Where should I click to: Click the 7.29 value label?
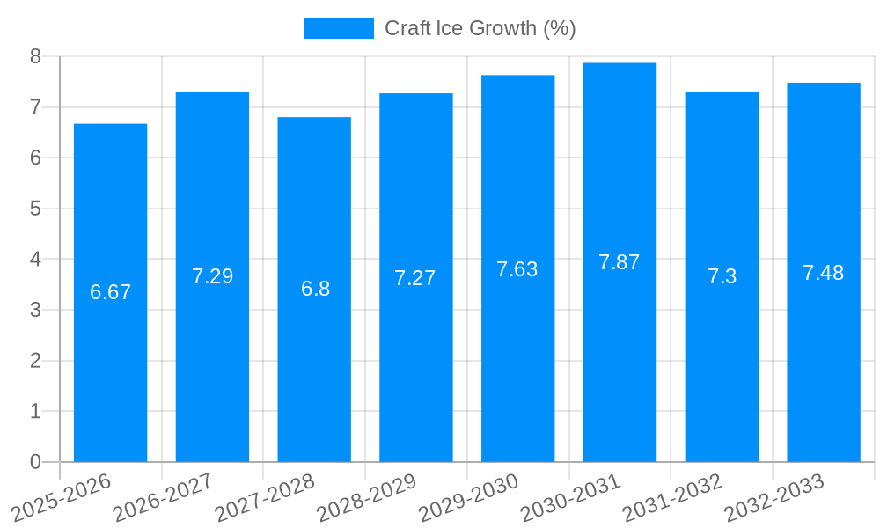212,276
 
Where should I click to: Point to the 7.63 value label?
517,269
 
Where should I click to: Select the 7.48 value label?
823,273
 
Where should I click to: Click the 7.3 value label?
722,276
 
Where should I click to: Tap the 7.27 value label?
415,278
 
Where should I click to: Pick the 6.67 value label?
110,292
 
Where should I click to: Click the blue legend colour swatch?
339,28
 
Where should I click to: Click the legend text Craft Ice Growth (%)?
480,28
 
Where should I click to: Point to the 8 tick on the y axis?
35,56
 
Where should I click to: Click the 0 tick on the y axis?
35,462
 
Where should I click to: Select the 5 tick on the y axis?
35,209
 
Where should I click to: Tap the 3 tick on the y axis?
35,310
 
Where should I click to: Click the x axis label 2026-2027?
164,497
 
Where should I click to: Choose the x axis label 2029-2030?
469,497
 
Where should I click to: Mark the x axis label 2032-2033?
774,497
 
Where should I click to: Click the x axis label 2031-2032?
673,497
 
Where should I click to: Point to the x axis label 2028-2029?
367,497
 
